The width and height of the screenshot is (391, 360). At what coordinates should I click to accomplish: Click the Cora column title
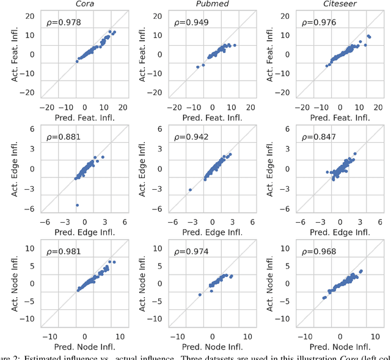coord(85,4)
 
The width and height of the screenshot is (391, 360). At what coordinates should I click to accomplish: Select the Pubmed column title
coord(213,4)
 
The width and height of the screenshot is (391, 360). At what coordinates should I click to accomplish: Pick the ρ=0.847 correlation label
coord(315,137)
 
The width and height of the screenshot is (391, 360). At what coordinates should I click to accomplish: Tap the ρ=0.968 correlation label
coord(315,251)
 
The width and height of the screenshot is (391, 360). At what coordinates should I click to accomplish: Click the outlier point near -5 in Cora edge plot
coord(77,205)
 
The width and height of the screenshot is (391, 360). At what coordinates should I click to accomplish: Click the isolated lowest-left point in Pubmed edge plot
coord(190,190)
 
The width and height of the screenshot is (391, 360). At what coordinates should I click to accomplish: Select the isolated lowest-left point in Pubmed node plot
coord(200,295)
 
